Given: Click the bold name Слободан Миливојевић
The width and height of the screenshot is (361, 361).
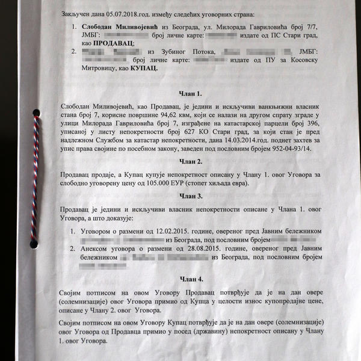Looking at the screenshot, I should click(x=121, y=27).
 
